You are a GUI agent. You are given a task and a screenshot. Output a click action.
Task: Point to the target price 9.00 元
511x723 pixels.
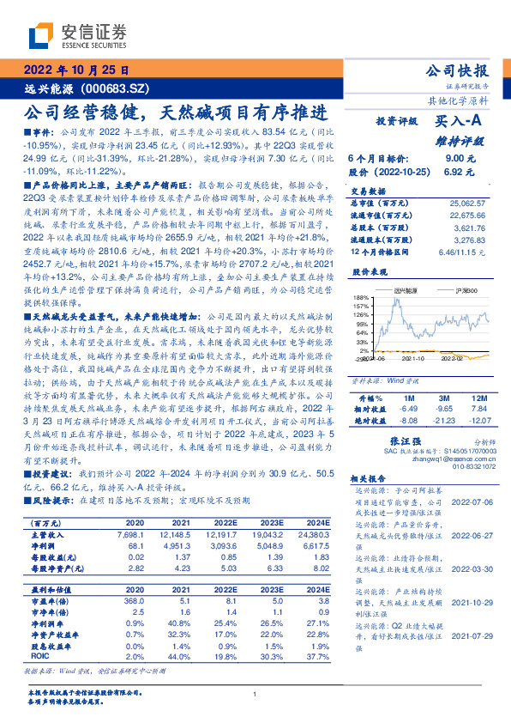[x=454, y=159]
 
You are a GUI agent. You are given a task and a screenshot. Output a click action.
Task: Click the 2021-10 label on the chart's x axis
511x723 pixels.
[x=413, y=362]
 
